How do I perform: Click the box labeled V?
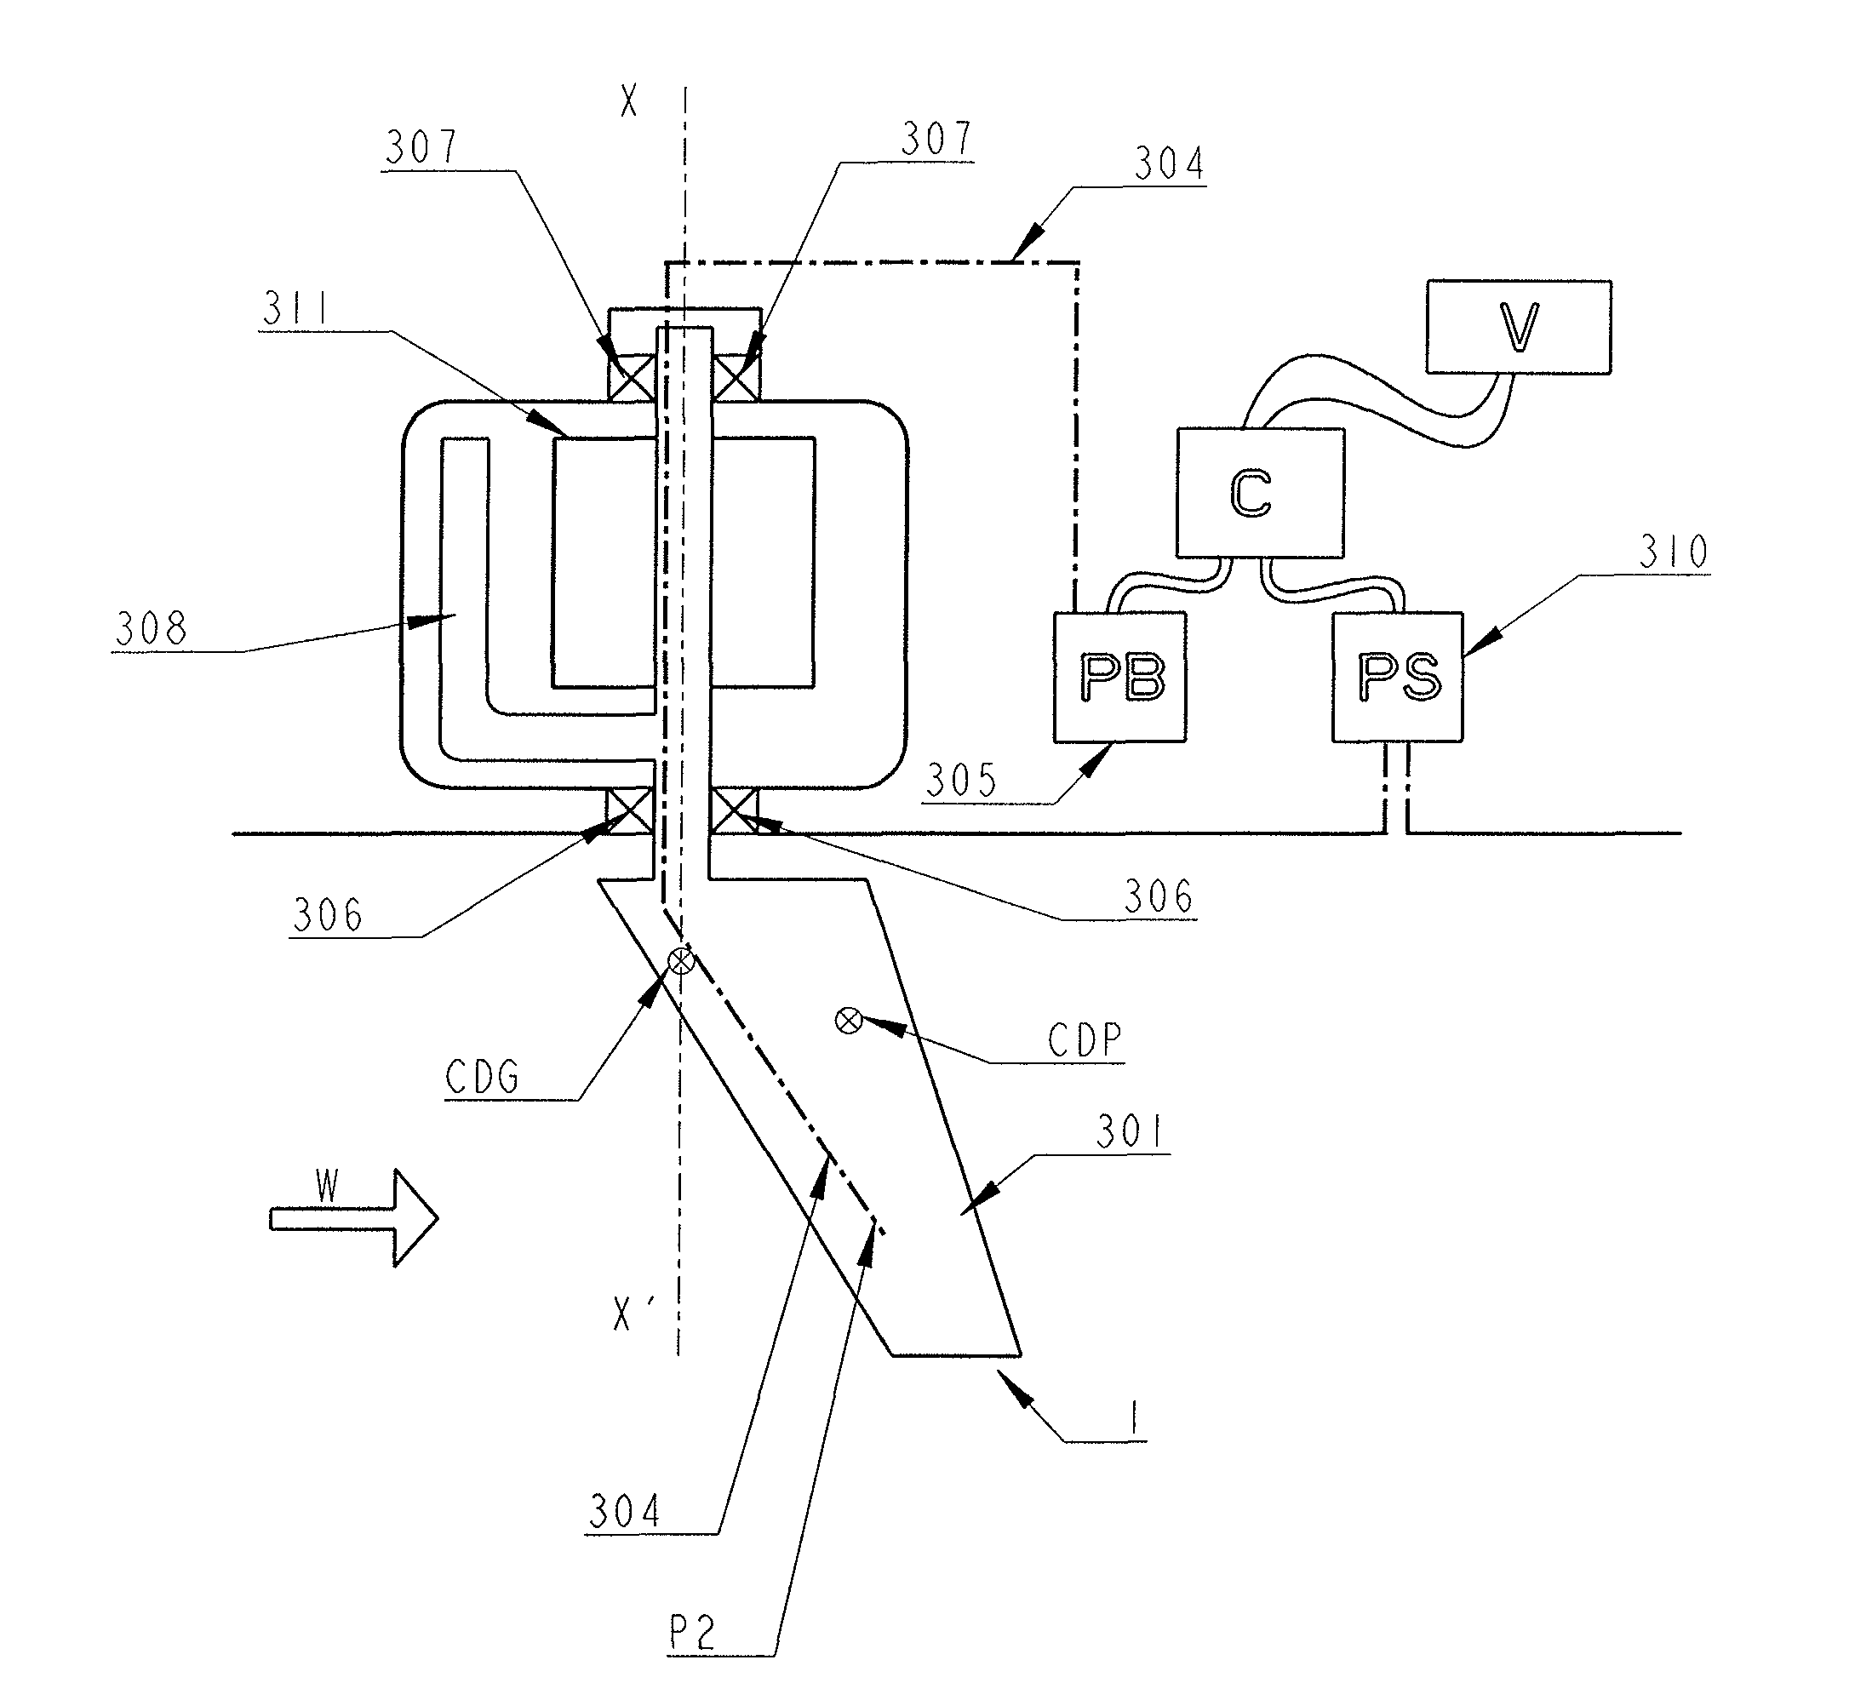[1518, 327]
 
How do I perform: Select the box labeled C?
[1260, 492]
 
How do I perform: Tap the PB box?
[1119, 676]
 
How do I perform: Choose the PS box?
[1398, 676]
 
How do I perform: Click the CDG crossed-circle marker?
[682, 961]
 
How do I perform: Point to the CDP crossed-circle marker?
[849, 1021]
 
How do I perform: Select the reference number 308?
[152, 628]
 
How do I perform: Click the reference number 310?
[1674, 552]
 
